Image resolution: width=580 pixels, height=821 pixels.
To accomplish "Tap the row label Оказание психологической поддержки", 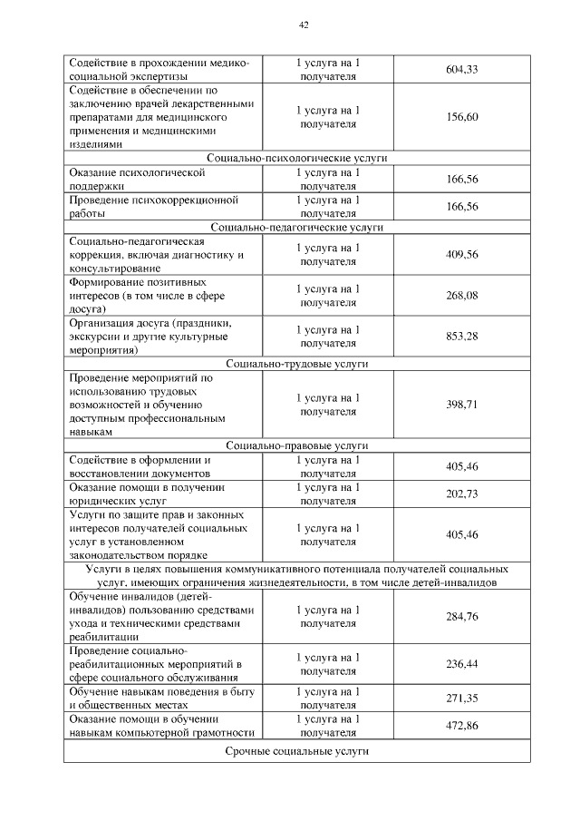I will coord(137,179).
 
